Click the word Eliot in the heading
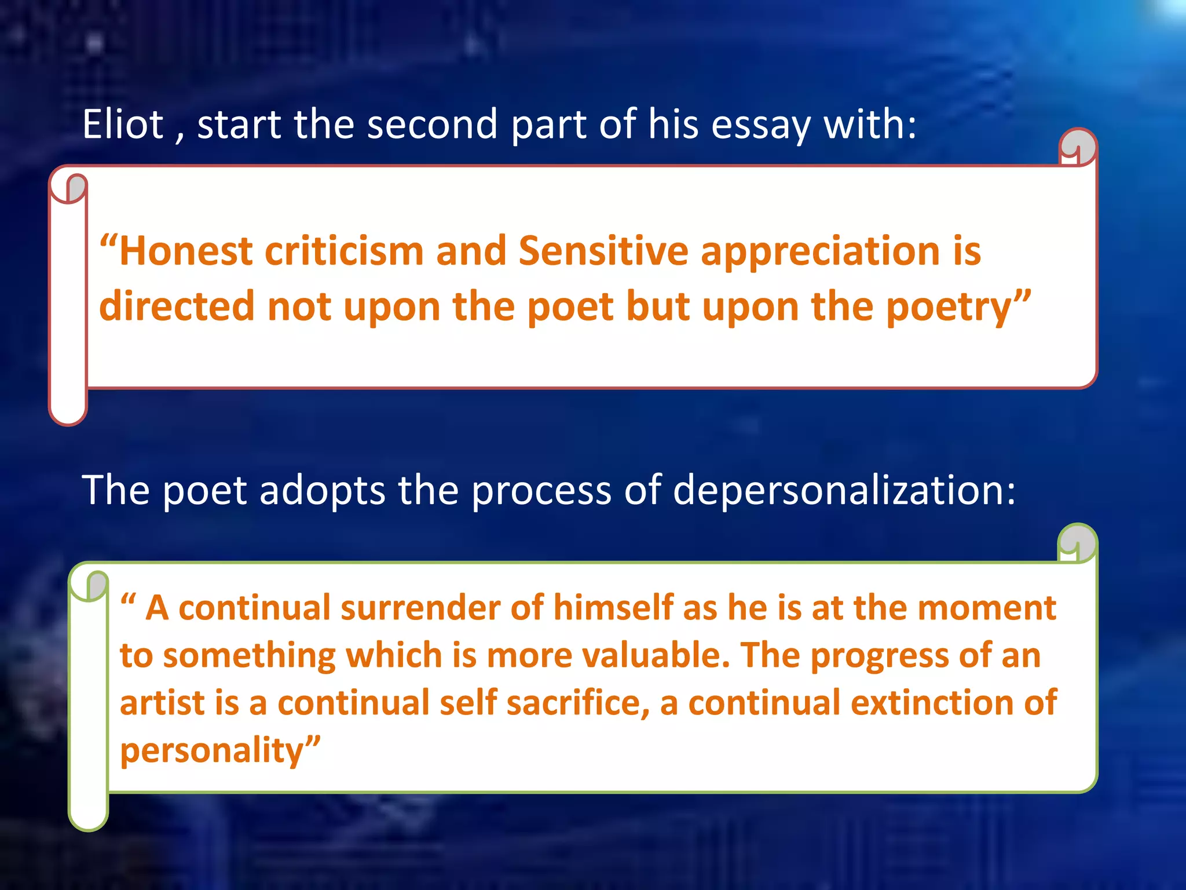coord(123,125)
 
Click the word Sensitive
coord(603,252)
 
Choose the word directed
coord(177,307)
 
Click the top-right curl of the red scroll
coord(1078,147)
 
